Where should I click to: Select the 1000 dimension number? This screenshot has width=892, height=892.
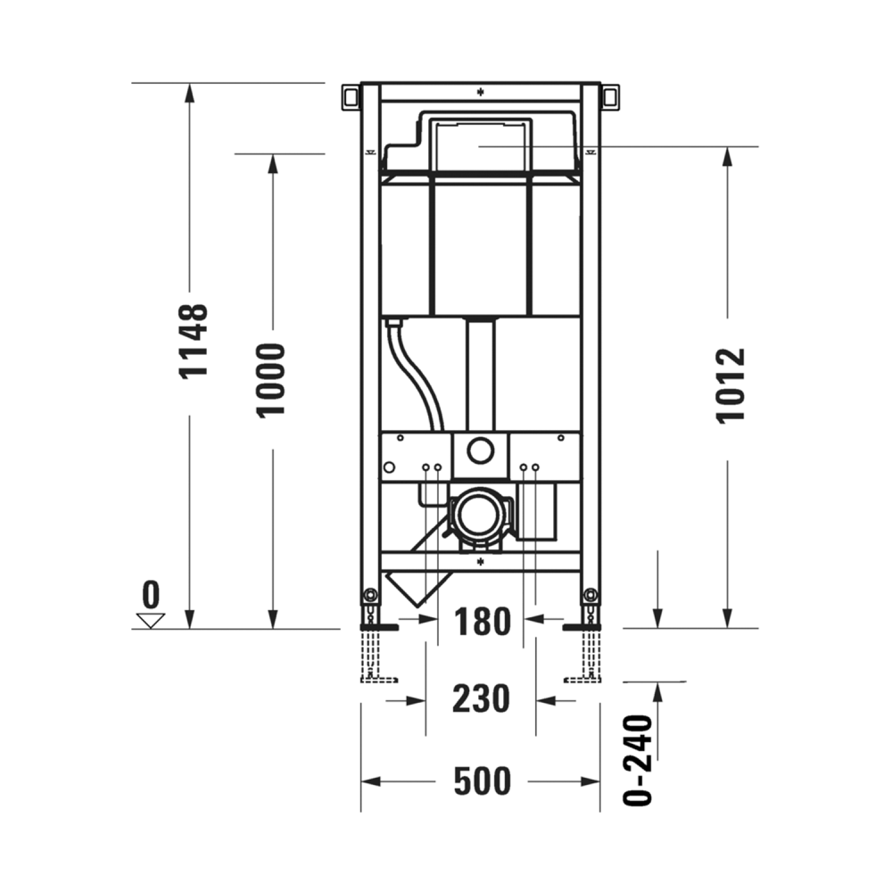[271, 379]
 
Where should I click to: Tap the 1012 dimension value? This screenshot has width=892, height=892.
[731, 385]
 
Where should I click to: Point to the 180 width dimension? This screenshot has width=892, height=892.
[482, 622]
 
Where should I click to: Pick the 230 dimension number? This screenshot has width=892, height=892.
[481, 698]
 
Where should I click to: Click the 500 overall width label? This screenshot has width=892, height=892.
[483, 781]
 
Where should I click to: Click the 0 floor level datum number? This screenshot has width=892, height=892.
[151, 593]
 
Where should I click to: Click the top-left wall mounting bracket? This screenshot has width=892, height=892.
[350, 95]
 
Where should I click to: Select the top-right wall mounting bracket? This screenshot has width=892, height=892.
[610, 95]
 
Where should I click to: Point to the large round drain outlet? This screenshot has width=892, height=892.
[480, 516]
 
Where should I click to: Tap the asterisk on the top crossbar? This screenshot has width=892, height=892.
[480, 91]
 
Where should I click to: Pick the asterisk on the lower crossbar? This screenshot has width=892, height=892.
[480, 561]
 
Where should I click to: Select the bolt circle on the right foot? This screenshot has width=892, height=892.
[590, 595]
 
